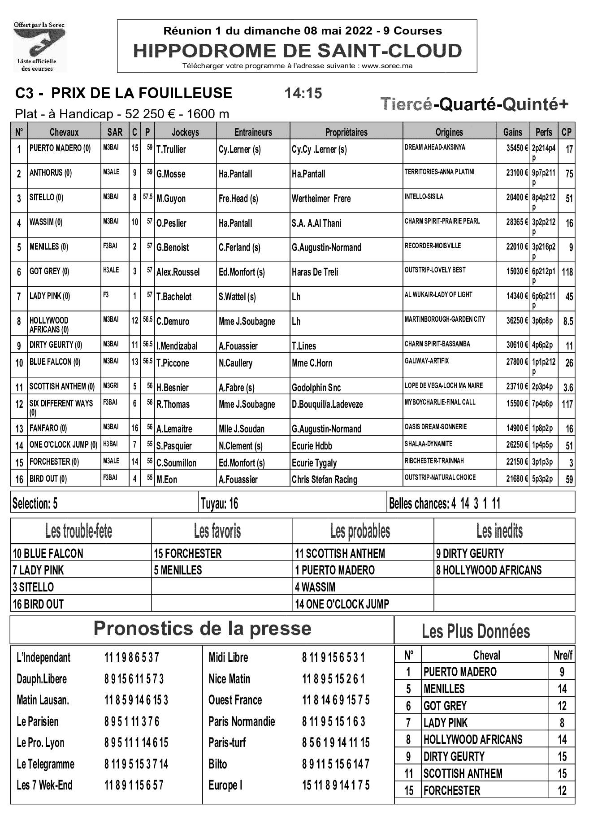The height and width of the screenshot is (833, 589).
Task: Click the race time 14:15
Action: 303,93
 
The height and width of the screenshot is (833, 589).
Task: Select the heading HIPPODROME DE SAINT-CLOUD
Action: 297,51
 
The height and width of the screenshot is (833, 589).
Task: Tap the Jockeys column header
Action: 185,132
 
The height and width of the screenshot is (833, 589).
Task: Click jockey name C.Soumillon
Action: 176,463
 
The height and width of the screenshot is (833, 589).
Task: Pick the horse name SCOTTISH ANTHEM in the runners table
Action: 62,387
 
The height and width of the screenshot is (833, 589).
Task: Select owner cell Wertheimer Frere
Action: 321,199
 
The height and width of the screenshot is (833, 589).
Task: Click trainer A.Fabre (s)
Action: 236,388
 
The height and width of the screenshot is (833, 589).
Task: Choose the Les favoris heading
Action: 217,531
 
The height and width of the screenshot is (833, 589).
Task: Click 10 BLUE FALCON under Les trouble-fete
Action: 48,553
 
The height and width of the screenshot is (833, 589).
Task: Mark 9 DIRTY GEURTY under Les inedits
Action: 470,553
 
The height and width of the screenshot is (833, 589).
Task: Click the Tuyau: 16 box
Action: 220,504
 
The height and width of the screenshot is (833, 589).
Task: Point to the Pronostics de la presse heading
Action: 202,629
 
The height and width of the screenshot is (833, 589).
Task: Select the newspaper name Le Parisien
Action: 38,721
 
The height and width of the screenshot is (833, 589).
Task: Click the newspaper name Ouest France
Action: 235,700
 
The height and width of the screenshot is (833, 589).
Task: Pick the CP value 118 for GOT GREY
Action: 567,272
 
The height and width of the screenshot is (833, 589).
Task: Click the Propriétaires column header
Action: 346,132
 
